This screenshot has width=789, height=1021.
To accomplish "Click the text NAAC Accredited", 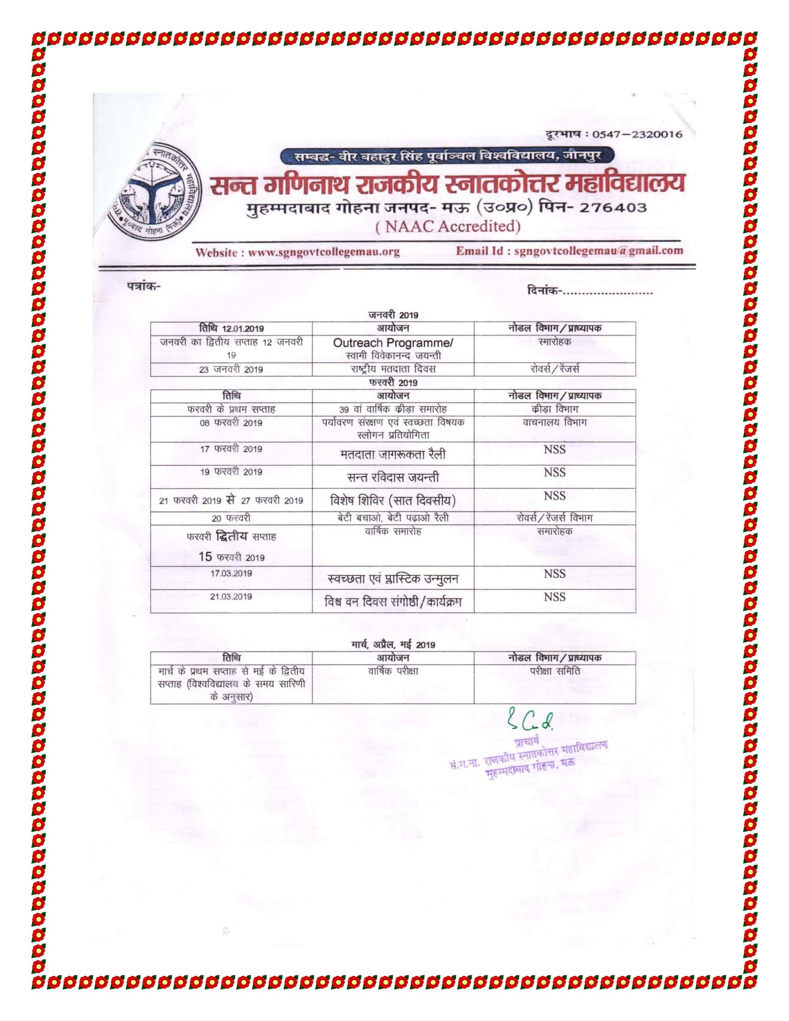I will coord(448,227).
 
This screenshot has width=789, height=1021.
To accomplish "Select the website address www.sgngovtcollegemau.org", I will coord(323,252).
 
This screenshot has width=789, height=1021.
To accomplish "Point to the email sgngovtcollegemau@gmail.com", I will coord(598,250).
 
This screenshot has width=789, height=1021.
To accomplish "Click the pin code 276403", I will coord(612,207).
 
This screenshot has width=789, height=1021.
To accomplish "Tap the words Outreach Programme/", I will coord(393,343).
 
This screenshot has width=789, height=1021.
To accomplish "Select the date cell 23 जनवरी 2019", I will coord(231,369).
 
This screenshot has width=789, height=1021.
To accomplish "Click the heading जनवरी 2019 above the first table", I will coord(393,315).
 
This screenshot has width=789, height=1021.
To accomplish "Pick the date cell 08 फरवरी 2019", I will coord(231,423).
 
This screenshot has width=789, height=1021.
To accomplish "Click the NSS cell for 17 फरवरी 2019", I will coord(554,450).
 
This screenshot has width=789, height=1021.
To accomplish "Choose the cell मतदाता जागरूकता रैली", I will coord(393,454).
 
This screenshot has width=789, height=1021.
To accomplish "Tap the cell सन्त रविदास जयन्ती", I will coord(393,477).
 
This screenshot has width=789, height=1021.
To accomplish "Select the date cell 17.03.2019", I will coord(231,573).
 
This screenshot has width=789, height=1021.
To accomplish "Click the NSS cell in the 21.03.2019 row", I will coord(554,597).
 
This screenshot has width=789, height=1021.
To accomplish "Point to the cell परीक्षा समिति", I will coord(554,671).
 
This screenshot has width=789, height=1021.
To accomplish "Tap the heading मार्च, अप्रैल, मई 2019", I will coord(393,645).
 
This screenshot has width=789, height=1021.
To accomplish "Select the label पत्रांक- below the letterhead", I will coord(143,286).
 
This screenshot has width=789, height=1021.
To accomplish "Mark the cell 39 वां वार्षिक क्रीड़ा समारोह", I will coord(393,409).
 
